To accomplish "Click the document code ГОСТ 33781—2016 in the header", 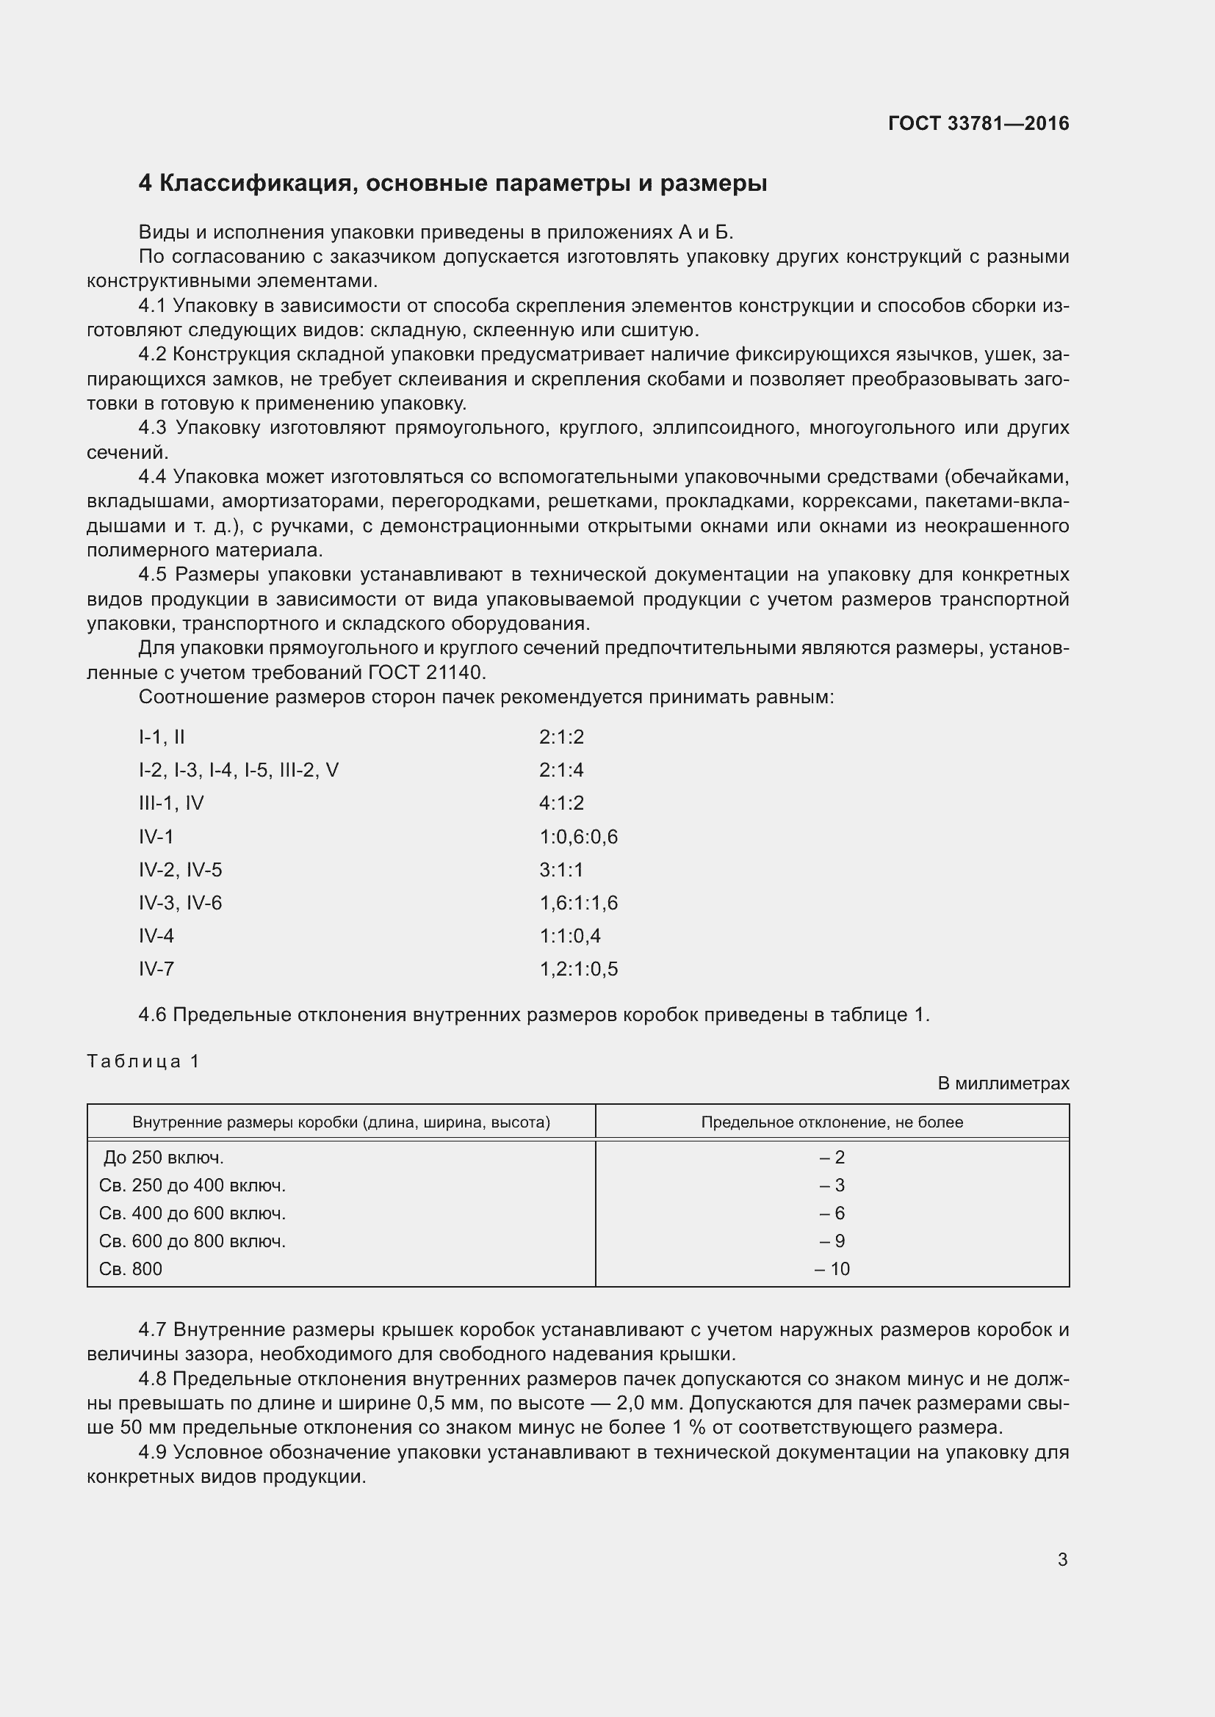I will tap(978, 123).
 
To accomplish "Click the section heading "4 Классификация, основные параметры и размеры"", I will tap(453, 184).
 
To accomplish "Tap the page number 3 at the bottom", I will tap(1062, 1559).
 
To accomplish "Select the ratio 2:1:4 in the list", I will tap(561, 770).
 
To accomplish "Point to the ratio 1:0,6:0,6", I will tap(578, 837).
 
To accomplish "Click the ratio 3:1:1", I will tap(561, 870).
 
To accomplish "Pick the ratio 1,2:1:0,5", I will tap(578, 969).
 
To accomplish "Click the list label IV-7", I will tap(156, 969).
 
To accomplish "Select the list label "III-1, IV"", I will tap(171, 803).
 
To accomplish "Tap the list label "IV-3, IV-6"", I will tap(180, 903).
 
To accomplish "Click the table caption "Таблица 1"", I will tap(143, 1061).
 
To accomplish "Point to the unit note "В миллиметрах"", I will tap(1003, 1083).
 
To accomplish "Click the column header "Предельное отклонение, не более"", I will tap(832, 1122).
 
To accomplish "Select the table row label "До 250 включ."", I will tap(163, 1158).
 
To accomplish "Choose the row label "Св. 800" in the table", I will tap(130, 1268).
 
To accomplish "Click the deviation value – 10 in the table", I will tap(832, 1268).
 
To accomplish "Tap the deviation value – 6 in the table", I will tap(832, 1213).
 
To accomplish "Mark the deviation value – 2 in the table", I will tap(832, 1158).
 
